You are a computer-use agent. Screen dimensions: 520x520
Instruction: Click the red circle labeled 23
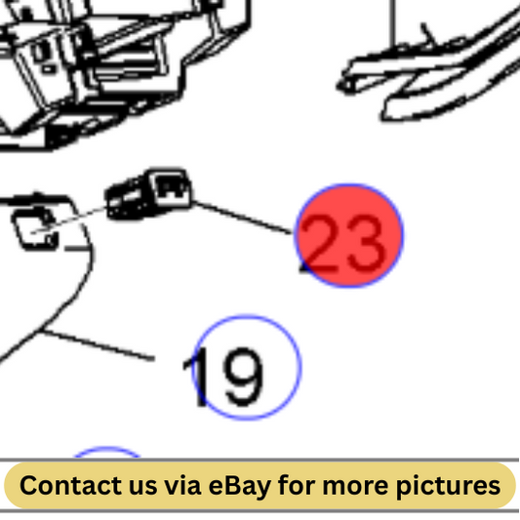pyautogui.click(x=348, y=235)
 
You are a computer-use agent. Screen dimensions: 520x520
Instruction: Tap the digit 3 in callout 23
pyautogui.click(x=366, y=244)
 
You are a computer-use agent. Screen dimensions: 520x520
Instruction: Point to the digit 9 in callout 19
pyautogui.click(x=244, y=377)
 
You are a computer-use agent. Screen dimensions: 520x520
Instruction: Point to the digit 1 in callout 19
pyautogui.click(x=198, y=377)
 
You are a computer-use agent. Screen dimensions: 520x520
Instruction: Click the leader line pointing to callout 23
pyautogui.click(x=242, y=218)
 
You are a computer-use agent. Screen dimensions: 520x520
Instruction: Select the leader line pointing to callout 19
pyautogui.click(x=98, y=345)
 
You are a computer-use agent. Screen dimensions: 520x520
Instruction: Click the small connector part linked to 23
pyautogui.click(x=148, y=194)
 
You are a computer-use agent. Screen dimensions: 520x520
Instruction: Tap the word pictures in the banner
pyautogui.click(x=449, y=487)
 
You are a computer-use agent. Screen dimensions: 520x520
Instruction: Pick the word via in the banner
pyautogui.click(x=182, y=486)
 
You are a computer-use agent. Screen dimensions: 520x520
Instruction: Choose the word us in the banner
pyautogui.click(x=142, y=488)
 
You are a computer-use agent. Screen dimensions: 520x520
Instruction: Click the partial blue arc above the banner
pyautogui.click(x=106, y=449)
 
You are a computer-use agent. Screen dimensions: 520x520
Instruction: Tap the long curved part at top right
pyautogui.click(x=428, y=73)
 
